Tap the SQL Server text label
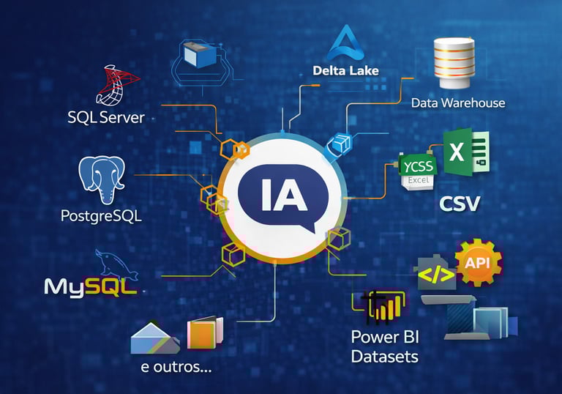coord(105,117)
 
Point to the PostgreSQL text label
coord(101,217)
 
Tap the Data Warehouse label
coord(458,103)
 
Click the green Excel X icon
coord(466,153)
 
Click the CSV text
coord(459,204)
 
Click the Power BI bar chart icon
coord(381,306)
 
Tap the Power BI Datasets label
coord(384,347)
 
